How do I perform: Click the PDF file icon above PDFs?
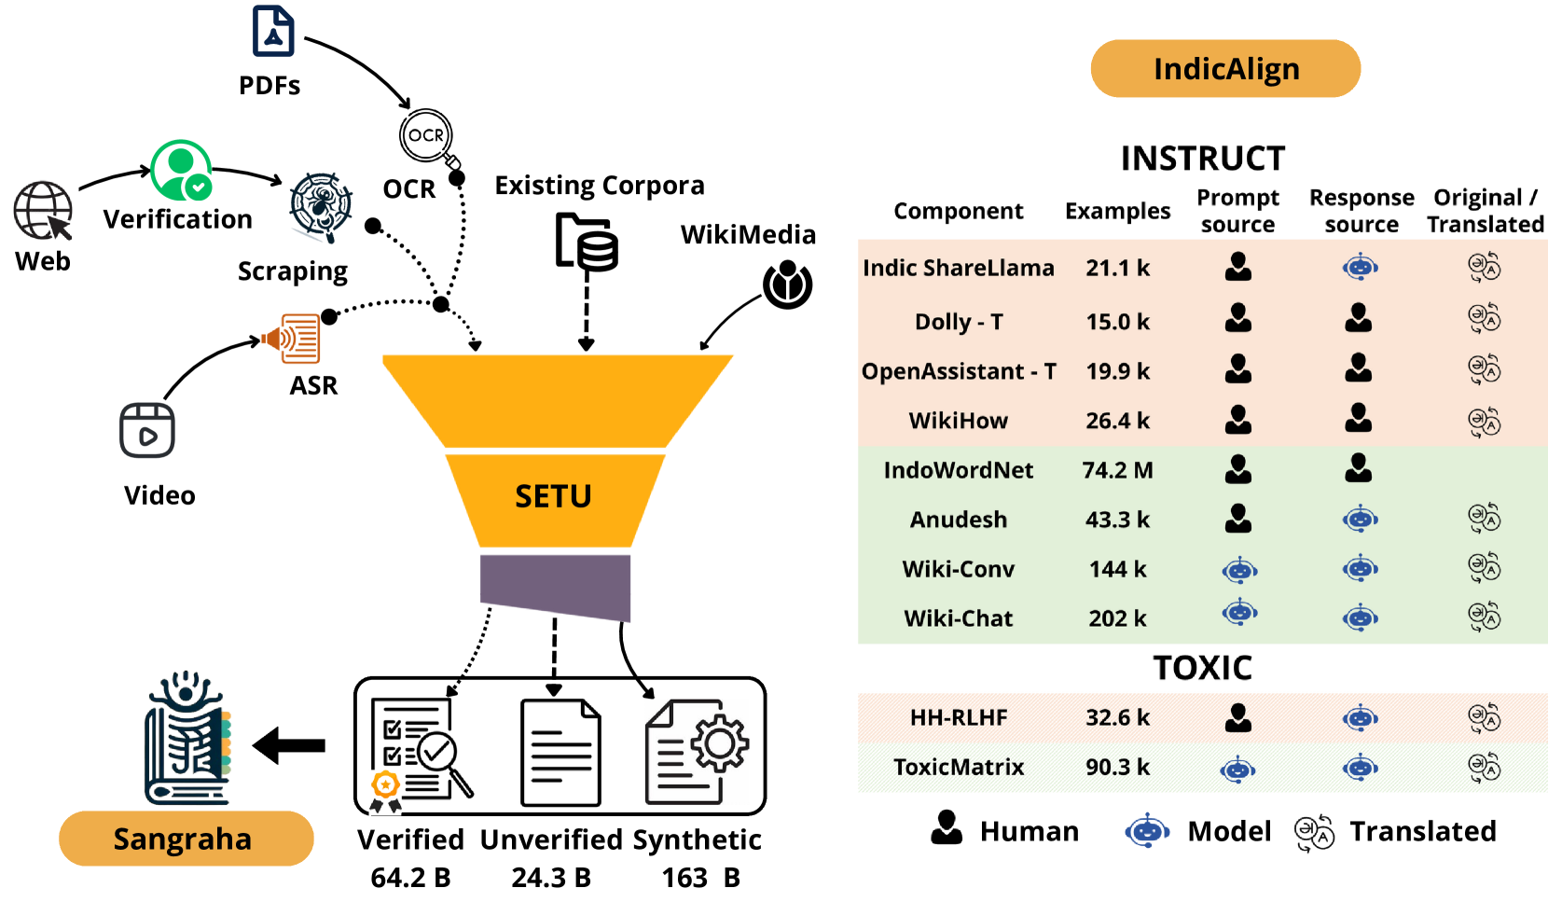(273, 32)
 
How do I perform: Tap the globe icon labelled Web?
(43, 211)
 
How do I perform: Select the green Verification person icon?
(182, 171)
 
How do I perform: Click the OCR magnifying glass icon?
(428, 138)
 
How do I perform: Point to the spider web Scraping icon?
(320, 206)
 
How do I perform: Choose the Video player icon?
(147, 431)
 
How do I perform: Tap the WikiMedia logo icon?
(788, 284)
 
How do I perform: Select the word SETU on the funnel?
(553, 496)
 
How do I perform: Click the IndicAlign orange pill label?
(1225, 69)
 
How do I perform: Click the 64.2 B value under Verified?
(410, 878)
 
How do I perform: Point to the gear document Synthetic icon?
(697, 753)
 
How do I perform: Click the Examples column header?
(1117, 212)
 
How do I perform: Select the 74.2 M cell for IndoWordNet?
(1117, 470)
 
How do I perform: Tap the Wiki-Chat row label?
(958, 618)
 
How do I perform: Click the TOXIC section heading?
(1202, 668)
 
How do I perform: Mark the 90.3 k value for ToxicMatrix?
(1117, 767)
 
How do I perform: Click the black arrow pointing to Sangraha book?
(289, 745)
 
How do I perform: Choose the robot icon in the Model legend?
(1147, 830)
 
